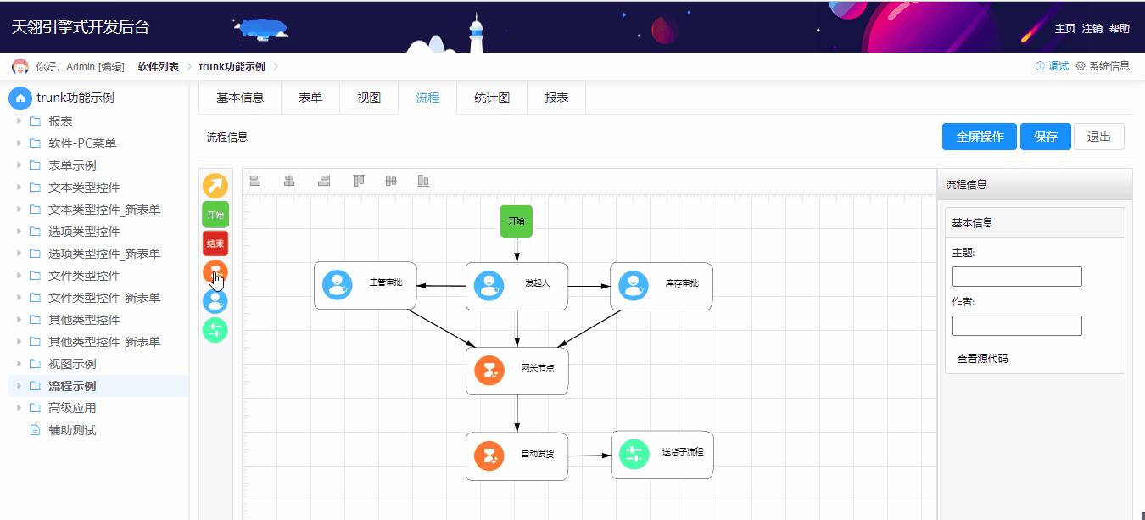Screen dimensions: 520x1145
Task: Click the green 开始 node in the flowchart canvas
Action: [516, 221]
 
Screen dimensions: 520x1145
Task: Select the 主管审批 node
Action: [365, 285]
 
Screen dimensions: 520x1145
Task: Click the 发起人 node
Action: [517, 286]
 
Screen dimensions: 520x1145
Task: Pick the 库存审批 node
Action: [661, 286]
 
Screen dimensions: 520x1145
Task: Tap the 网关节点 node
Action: [517, 371]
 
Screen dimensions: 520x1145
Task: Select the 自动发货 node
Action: [517, 456]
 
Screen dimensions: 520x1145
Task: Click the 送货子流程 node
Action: [662, 455]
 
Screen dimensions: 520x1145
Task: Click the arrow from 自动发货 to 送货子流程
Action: [589, 456]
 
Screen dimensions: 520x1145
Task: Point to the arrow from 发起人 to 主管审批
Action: [441, 286]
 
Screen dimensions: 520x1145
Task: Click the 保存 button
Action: [1045, 137]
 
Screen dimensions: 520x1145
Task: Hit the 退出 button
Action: [1098, 137]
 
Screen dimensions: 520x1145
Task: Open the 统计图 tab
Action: [492, 98]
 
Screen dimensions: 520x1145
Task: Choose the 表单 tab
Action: [310, 98]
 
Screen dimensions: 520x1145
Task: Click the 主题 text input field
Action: [1017, 277]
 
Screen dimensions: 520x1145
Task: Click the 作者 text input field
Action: [1017, 326]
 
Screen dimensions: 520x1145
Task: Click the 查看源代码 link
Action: [982, 359]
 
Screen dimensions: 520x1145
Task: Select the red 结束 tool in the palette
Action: [215, 243]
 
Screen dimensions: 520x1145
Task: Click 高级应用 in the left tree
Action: [72, 408]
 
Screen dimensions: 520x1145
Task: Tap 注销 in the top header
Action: [1092, 29]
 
